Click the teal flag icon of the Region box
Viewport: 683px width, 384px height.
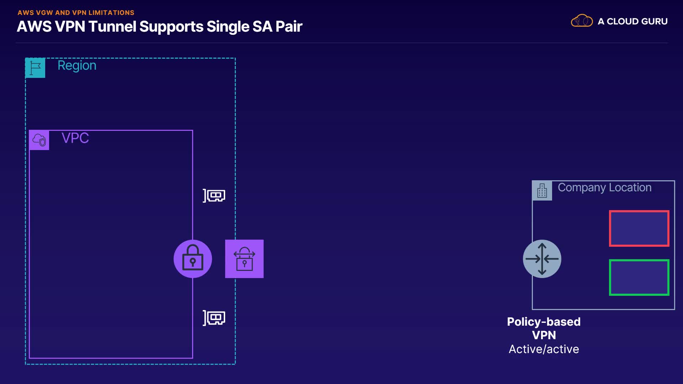[x=35, y=68]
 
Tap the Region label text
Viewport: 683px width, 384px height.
[x=77, y=66]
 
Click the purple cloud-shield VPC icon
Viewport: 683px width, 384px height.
[x=39, y=140]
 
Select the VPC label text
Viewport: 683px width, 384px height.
[x=75, y=138]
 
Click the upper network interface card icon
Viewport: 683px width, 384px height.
[x=214, y=196]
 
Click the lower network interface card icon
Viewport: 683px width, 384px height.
[x=214, y=318]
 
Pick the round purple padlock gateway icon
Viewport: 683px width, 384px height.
[x=193, y=259]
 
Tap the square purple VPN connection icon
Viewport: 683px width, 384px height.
[x=244, y=259]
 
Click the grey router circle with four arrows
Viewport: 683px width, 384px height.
[x=542, y=259]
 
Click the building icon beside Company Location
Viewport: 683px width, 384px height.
[x=542, y=191]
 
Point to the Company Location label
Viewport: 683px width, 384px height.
[x=605, y=188]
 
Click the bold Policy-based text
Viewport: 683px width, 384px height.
[x=544, y=322]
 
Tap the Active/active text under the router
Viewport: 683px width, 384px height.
[x=544, y=349]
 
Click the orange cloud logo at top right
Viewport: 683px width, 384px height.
[x=582, y=21]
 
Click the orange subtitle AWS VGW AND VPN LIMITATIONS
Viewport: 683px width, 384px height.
[x=76, y=13]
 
